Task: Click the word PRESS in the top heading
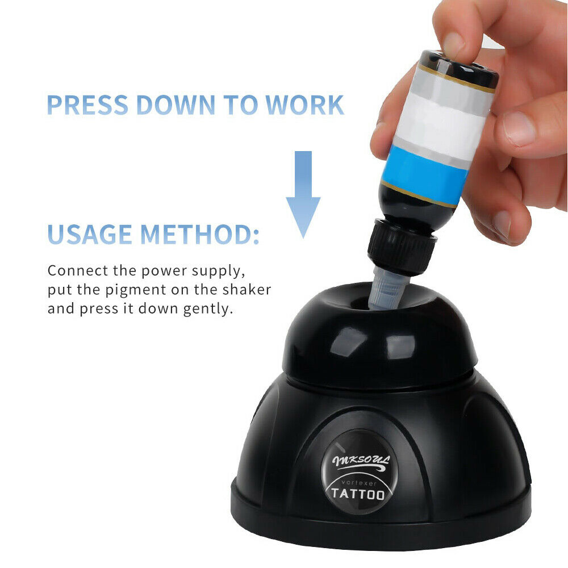point(87,105)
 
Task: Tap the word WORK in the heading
point(304,105)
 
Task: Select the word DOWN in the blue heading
point(176,105)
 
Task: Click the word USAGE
point(90,234)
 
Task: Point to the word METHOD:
point(199,234)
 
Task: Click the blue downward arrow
point(303,194)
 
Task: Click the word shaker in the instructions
point(247,290)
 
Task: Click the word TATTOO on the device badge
point(358,494)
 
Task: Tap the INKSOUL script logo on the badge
point(361,462)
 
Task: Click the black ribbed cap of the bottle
point(402,246)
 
